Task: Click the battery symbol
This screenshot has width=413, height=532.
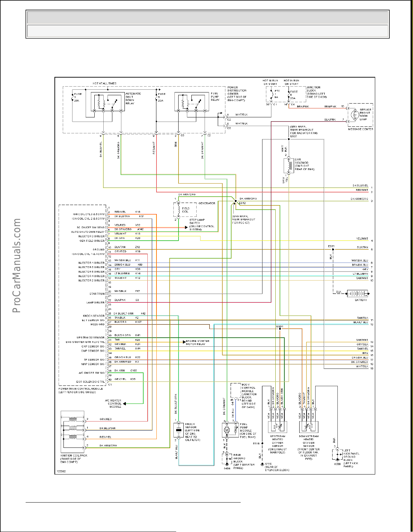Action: (358, 294)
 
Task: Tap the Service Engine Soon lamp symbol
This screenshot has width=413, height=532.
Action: (354, 114)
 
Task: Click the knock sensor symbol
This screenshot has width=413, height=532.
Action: (179, 430)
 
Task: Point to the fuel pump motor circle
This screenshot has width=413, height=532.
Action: (227, 430)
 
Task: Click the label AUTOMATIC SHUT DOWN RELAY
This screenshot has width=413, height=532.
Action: (133, 98)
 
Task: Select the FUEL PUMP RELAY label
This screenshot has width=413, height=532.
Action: (215, 97)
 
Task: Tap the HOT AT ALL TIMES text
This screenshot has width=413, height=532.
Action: (104, 83)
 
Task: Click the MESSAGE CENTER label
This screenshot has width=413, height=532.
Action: (361, 129)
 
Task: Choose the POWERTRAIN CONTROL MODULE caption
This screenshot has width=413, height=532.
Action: (77, 390)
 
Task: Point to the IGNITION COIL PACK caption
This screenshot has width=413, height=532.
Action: (74, 459)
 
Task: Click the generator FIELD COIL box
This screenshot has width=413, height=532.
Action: (185, 210)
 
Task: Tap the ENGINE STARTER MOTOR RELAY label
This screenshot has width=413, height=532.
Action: (198, 343)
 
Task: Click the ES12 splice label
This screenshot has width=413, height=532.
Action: (242, 203)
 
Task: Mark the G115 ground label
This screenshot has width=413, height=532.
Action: (268, 464)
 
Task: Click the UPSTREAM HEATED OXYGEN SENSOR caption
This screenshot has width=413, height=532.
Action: (277, 444)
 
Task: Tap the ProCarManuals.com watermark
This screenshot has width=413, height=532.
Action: (17, 265)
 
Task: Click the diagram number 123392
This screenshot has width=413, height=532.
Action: (61, 471)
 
